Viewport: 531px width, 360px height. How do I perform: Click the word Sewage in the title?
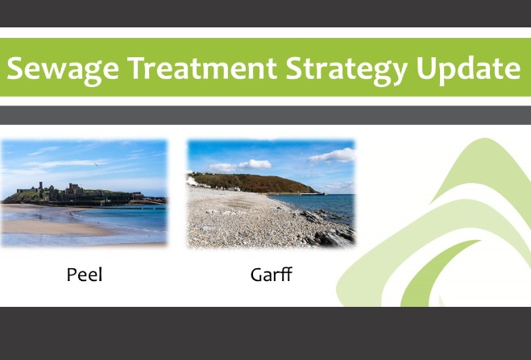tap(63, 69)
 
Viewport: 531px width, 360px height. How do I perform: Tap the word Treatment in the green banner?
tap(202, 68)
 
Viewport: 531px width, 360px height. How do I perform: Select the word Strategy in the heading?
tap(346, 69)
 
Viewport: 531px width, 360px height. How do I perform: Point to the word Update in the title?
tap(468, 69)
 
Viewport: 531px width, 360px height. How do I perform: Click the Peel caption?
tap(85, 275)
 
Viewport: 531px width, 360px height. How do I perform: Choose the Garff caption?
tap(271, 275)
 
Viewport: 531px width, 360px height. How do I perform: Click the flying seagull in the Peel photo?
tap(96, 164)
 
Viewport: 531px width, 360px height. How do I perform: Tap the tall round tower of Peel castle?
tap(40, 187)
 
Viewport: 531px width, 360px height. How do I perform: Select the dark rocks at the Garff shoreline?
tap(327, 230)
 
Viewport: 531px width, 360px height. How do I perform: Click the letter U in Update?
tap(426, 68)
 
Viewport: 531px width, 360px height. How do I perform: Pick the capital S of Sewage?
tap(15, 68)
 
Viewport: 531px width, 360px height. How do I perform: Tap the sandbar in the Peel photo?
tap(54, 228)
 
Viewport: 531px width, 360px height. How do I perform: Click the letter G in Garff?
tap(257, 275)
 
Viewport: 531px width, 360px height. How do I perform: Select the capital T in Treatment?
tap(137, 68)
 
